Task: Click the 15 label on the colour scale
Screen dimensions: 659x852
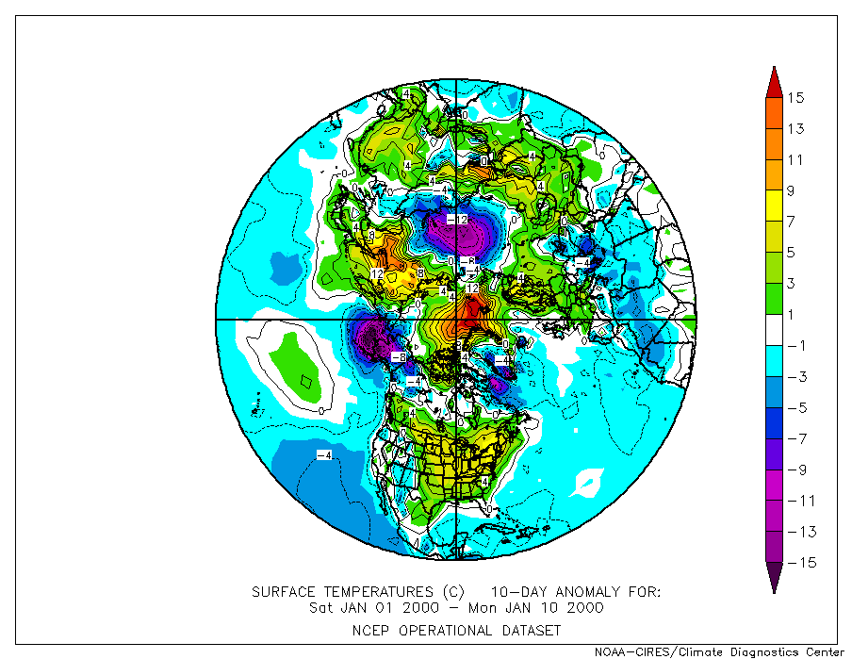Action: [796, 98]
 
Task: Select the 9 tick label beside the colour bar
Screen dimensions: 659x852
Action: [795, 191]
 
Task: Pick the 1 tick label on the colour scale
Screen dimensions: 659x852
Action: [795, 315]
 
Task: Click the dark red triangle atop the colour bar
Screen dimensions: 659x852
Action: [773, 83]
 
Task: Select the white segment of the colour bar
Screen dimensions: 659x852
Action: [773, 330]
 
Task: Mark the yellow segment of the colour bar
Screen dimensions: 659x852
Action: [773, 206]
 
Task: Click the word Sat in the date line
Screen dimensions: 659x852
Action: [322, 608]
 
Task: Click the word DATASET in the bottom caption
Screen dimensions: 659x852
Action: [528, 630]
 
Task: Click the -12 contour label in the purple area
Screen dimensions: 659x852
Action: [456, 220]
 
